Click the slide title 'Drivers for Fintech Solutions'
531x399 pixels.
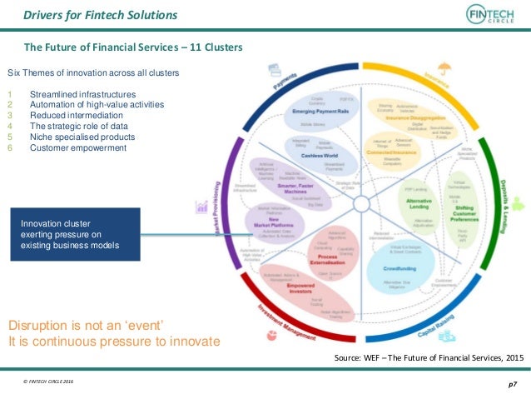100,15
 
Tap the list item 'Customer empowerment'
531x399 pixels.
78,148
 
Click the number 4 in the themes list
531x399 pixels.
9,127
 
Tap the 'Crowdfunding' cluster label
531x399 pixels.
399,269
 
